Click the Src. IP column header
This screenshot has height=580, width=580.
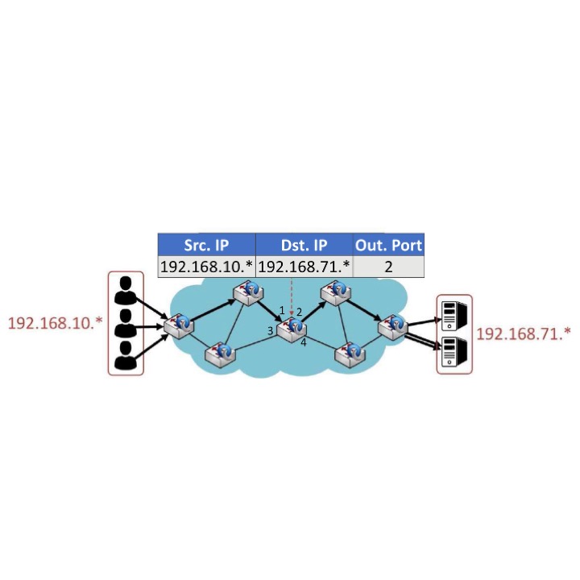tap(206, 245)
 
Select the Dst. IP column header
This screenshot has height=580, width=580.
tap(304, 245)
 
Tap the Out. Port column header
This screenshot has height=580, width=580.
tap(388, 245)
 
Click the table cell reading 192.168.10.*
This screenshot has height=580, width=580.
tap(206, 267)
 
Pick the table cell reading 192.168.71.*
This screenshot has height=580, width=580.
tap(304, 267)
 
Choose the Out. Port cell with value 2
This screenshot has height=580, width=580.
tap(388, 267)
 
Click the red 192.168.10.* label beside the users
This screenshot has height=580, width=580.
tap(55, 323)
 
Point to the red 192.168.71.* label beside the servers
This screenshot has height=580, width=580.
tap(523, 334)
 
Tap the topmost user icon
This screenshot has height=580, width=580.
tap(126, 290)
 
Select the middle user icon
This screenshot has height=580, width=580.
tap(126, 323)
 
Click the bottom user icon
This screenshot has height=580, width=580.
tap(126, 355)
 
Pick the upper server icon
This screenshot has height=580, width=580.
tap(454, 316)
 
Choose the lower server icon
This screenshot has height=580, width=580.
tap(454, 352)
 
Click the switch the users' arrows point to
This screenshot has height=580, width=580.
tap(179, 326)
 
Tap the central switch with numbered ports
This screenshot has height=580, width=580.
tap(292, 330)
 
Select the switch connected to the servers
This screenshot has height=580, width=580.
tap(393, 326)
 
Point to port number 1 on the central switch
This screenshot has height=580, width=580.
tap(282, 310)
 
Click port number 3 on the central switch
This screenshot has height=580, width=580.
tap(271, 330)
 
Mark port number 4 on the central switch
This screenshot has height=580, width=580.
tap(304, 342)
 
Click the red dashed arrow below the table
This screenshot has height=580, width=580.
tap(292, 296)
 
